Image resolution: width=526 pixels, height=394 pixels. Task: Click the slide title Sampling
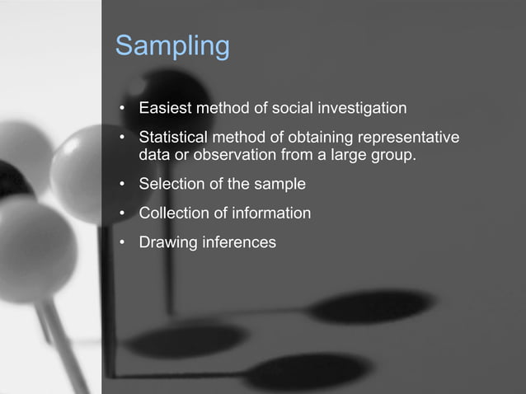[x=171, y=46]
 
